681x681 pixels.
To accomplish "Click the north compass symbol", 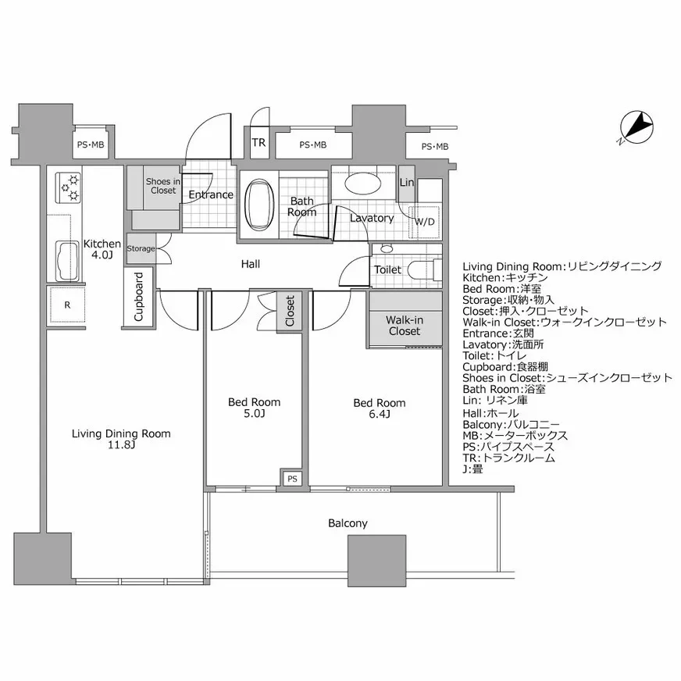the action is tap(636, 128).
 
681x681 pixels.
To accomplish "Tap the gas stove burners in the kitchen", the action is tap(69, 187).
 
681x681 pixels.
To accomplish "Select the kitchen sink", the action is tap(69, 262).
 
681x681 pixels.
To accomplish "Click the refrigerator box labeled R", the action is tap(67, 305).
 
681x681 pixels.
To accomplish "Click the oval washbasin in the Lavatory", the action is tap(363, 183).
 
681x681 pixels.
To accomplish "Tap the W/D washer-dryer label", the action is tap(424, 222).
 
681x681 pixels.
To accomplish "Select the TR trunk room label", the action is tap(258, 142).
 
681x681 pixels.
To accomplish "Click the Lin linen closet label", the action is tap(407, 183).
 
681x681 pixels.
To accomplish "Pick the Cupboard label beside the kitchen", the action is tap(138, 297).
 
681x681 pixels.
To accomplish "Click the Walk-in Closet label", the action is tap(405, 326).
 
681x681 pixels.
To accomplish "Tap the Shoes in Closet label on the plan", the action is tap(163, 186).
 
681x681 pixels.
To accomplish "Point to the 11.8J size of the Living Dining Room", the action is tap(121, 444).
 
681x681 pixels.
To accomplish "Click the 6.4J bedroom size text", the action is tap(379, 414).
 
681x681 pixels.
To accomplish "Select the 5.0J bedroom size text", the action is tap(254, 413).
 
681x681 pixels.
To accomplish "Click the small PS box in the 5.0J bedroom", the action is tap(292, 479).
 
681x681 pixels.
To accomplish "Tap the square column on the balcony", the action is tap(377, 561).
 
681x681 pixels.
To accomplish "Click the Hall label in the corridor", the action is tap(251, 264).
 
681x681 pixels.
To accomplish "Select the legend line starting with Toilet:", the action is tap(494, 355).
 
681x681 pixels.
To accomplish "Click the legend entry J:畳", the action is tap(472, 469).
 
